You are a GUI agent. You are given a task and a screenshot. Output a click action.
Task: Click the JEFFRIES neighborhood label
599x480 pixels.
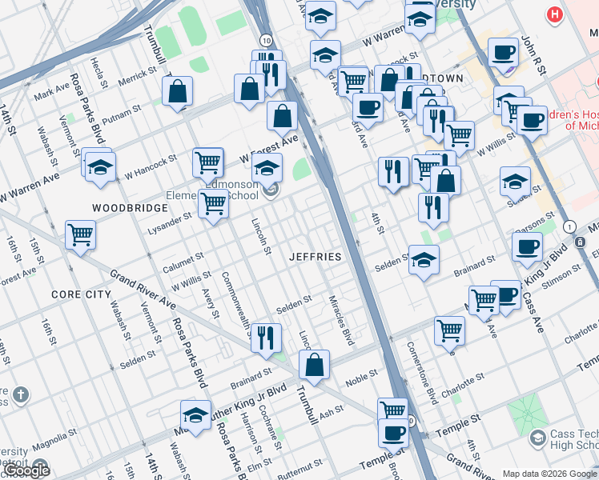[x=316, y=257]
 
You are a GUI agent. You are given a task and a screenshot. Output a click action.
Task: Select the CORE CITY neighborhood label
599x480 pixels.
[x=81, y=294]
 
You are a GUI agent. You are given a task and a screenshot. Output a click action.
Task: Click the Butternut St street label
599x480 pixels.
[x=298, y=464]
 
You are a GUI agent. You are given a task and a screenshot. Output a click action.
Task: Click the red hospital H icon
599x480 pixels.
[x=553, y=14]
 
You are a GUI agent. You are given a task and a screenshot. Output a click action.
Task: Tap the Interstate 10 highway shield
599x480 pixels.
[x=264, y=39]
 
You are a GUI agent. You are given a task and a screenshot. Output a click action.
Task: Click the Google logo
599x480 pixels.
[x=26, y=471]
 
